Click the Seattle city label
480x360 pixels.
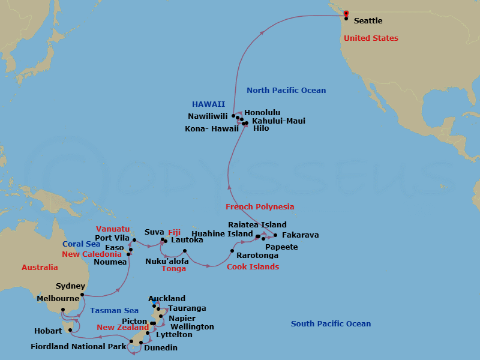[x=368, y=21]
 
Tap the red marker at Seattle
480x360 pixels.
[x=346, y=13]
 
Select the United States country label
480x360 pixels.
[x=371, y=38]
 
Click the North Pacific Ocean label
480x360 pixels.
[x=286, y=91]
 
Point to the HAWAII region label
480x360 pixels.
[x=208, y=104]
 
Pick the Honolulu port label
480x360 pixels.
[x=262, y=112]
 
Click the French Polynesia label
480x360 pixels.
[x=260, y=207]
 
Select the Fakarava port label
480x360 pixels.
[x=300, y=235]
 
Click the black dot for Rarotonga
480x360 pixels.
[x=232, y=251]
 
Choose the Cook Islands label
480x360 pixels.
[x=253, y=267]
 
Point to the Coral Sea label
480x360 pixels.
[x=82, y=244]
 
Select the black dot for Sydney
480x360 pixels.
[x=82, y=295]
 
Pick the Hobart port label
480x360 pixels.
[x=49, y=331]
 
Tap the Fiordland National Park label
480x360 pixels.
[x=79, y=346]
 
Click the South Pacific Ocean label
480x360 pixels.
[x=331, y=324]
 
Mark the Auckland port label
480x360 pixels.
[x=167, y=299]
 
